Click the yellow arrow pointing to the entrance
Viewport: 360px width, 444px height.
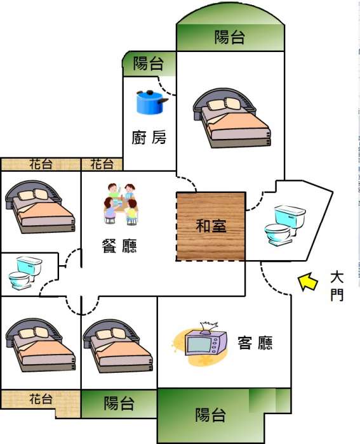(x=307, y=282)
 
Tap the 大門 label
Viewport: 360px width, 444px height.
(x=337, y=286)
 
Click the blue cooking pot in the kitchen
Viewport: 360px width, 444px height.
(x=152, y=102)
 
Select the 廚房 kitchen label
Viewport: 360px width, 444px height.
(x=149, y=138)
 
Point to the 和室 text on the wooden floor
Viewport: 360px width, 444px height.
(x=211, y=226)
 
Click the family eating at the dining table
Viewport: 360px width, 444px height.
(x=121, y=204)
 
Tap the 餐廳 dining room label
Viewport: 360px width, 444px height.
(x=119, y=245)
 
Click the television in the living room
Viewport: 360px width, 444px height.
(x=206, y=342)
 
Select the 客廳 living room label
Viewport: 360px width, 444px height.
(x=255, y=343)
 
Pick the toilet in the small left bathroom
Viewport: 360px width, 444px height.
(x=25, y=272)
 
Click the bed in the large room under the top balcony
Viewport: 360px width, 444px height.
(x=232, y=118)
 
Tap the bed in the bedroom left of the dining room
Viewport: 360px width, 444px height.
(x=40, y=207)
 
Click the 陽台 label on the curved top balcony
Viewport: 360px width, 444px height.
(x=230, y=37)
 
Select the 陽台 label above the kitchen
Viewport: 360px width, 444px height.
(x=148, y=63)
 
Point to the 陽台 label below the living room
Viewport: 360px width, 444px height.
(x=211, y=415)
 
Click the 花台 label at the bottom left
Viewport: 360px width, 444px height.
(x=41, y=399)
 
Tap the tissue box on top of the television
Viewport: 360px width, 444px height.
(x=209, y=326)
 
